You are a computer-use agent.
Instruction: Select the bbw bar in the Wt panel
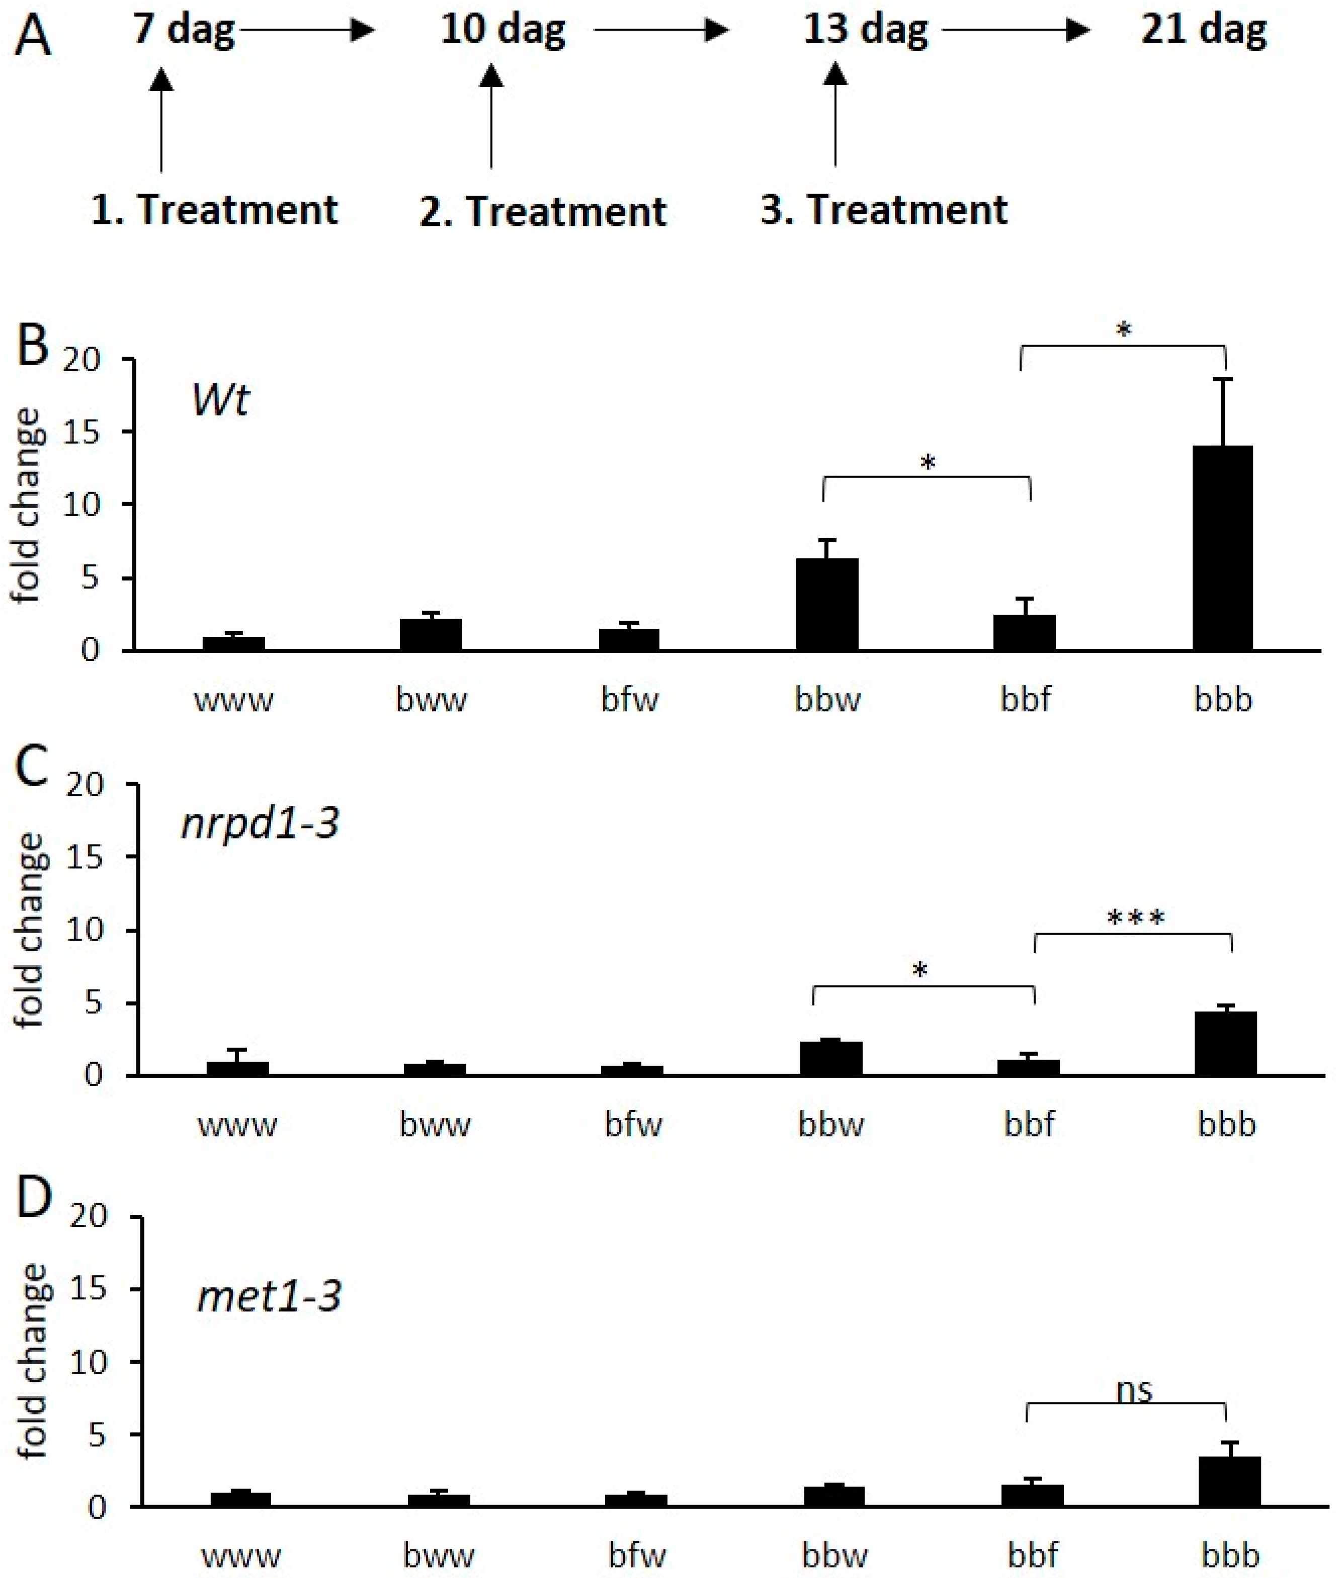(x=827, y=604)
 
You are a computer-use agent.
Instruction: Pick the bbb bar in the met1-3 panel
(x=1229, y=1481)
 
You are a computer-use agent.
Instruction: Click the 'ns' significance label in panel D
(x=1135, y=1389)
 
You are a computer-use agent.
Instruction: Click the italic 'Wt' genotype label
(x=220, y=399)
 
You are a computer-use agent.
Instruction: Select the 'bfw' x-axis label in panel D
(x=637, y=1555)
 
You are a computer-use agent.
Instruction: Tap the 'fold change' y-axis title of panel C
(x=30, y=930)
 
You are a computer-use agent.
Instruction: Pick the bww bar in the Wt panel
(x=431, y=634)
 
